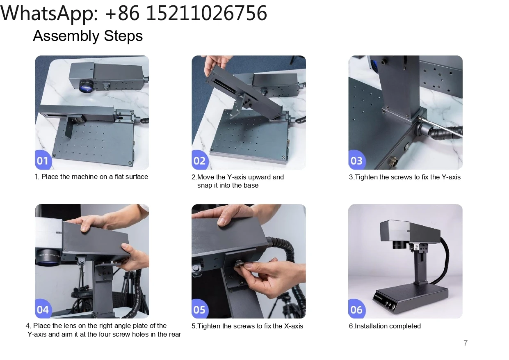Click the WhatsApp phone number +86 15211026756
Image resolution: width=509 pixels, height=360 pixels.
click(x=186, y=13)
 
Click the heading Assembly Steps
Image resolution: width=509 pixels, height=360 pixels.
click(x=88, y=36)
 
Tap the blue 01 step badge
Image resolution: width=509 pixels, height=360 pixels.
click(x=43, y=160)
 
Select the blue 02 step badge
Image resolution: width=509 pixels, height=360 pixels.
click(x=199, y=160)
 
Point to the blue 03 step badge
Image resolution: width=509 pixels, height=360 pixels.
click(x=356, y=160)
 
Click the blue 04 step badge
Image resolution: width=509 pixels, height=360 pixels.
click(x=43, y=309)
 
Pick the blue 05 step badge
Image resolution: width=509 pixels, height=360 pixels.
click(x=199, y=309)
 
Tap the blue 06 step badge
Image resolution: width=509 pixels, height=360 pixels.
click(x=356, y=309)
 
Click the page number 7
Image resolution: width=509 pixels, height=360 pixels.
click(x=466, y=343)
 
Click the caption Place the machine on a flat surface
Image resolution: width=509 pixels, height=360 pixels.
click(x=94, y=177)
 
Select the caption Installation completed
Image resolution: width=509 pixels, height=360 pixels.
click(x=388, y=326)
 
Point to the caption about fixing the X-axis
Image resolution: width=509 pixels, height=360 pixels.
click(x=247, y=326)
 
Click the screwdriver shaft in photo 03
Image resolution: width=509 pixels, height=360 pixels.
click(x=441, y=127)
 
